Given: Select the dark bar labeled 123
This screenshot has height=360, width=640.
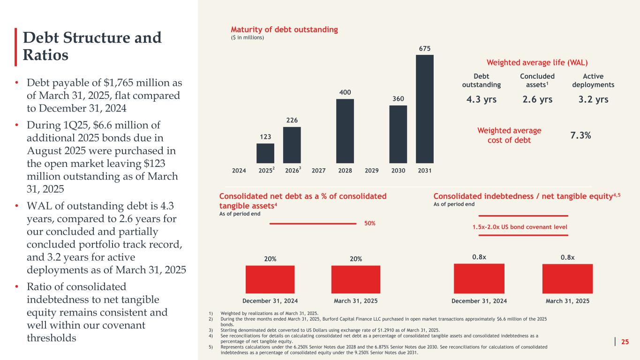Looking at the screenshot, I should point(265,153).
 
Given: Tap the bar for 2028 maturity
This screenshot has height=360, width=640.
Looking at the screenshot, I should point(345,131).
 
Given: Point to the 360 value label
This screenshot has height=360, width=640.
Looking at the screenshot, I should point(398,99).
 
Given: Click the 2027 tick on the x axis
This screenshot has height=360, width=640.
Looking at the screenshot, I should point(318,171).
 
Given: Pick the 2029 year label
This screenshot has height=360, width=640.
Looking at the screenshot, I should point(371,171).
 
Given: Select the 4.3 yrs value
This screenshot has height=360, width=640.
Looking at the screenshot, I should point(481,99).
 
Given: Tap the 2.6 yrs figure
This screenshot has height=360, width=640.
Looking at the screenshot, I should point(537,99).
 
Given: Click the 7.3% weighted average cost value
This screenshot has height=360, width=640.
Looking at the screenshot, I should point(580,135).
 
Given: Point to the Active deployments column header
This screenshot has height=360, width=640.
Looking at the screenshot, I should point(593,80).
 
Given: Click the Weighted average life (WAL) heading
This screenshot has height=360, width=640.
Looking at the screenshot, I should point(537,62).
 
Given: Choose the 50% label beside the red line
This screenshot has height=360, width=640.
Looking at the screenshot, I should point(370,224).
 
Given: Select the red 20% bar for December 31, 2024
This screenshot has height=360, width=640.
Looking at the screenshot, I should point(270,279).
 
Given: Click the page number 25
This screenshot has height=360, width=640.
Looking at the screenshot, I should point(625,342).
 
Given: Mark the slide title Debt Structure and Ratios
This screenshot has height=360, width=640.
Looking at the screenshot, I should point(92,46).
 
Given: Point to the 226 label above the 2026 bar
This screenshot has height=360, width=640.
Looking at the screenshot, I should point(292,120).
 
